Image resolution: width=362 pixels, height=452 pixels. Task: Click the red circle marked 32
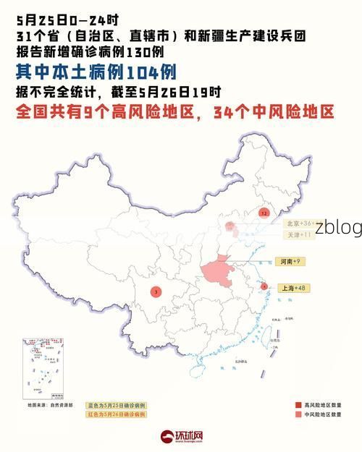pos(264,213)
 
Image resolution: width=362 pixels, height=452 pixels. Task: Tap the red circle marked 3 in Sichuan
pos(156,291)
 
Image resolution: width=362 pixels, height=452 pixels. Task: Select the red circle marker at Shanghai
pos(264,286)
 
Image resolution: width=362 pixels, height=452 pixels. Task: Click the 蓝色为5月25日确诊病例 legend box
pos(116,405)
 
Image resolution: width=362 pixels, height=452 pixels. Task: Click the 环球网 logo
pos(181,437)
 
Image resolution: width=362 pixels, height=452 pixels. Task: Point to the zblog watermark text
pos(338,227)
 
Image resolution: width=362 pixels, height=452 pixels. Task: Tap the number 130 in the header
pos(139,53)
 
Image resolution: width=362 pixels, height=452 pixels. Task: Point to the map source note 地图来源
pos(50,406)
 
